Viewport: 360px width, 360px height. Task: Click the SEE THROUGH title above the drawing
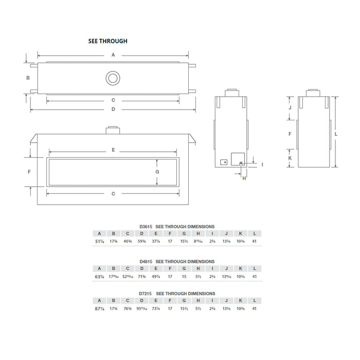click(x=107, y=41)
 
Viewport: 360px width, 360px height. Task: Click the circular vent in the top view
click(x=112, y=78)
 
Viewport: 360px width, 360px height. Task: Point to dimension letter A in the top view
click(x=113, y=55)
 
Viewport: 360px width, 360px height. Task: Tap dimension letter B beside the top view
click(x=29, y=78)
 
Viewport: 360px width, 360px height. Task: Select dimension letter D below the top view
click(x=113, y=109)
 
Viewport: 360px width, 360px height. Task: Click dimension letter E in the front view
click(x=113, y=150)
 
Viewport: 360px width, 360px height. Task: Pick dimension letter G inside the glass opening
click(x=157, y=171)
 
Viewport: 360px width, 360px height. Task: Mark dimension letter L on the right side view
click(x=335, y=133)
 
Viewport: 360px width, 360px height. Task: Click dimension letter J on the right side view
click(x=290, y=108)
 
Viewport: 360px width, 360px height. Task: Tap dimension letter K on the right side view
click(x=290, y=158)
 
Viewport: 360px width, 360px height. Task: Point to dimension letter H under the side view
click(x=244, y=178)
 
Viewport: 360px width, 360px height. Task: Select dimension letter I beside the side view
click(x=262, y=164)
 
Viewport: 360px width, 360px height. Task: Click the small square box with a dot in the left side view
click(x=224, y=162)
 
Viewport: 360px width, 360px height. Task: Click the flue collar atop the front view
click(x=112, y=131)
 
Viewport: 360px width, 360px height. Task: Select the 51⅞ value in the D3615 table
click(x=100, y=241)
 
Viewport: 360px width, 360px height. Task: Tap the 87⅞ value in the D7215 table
click(x=100, y=309)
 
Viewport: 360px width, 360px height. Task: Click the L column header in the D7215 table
click(x=255, y=301)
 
